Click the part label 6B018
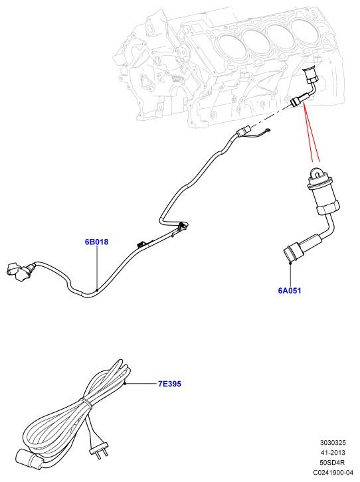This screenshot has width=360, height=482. click(x=96, y=242)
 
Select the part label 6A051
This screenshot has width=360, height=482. click(x=290, y=291)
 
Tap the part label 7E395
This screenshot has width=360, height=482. click(x=169, y=384)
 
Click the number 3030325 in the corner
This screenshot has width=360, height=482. click(x=333, y=443)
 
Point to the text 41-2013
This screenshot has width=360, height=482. click(x=333, y=453)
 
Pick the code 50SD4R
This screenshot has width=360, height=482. click(x=332, y=462)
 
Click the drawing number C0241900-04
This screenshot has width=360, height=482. click(x=333, y=472)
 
